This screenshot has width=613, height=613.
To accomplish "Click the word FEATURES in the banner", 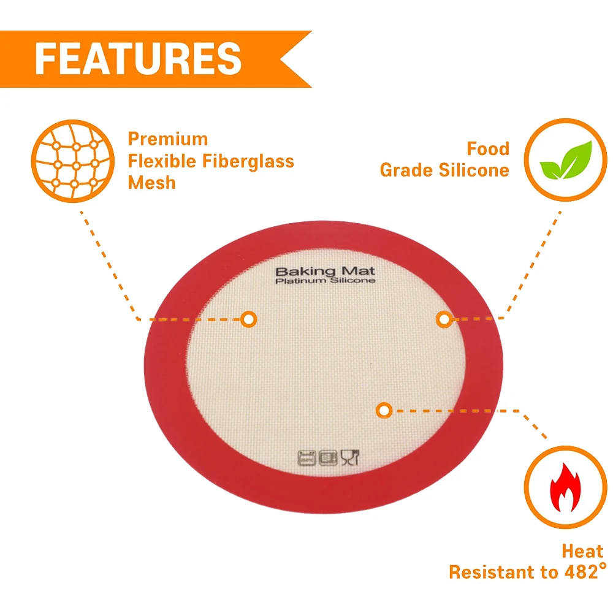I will [x=139, y=58].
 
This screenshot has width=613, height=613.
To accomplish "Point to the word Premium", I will [x=168, y=139].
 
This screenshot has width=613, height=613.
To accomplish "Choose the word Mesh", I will [x=151, y=183].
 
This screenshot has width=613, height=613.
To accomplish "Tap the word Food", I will [x=488, y=149].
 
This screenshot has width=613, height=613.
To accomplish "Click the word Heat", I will [x=583, y=551].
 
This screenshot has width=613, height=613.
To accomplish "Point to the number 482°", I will [x=578, y=573].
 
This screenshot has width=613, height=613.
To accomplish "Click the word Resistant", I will [x=491, y=573].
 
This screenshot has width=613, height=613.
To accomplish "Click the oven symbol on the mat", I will [x=306, y=457].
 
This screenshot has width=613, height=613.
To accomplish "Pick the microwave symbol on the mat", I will [x=329, y=457].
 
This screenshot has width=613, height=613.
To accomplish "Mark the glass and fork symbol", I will [x=350, y=457].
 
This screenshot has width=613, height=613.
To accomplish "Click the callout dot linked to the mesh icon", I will [x=248, y=319].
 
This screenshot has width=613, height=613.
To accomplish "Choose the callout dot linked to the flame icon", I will [x=384, y=410].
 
